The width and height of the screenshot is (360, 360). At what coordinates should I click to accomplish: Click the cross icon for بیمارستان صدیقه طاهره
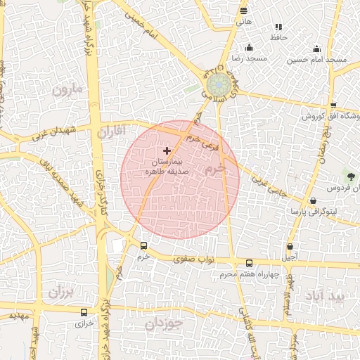click(x=167, y=150)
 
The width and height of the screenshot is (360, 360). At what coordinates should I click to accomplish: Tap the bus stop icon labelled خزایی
click(x=84, y=312)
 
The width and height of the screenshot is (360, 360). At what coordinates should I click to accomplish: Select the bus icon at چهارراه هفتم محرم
click(x=249, y=263)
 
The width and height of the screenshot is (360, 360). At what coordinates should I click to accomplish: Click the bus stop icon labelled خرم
click(x=144, y=245)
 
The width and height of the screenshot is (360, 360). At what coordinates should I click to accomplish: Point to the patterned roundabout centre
click(x=221, y=83)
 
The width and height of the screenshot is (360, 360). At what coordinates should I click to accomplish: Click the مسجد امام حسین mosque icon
click(x=316, y=49)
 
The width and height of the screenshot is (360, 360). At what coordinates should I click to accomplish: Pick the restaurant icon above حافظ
click(x=278, y=27)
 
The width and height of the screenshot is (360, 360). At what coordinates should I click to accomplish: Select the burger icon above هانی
click(x=243, y=11)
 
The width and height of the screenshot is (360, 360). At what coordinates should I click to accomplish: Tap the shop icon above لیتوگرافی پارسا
click(x=313, y=200)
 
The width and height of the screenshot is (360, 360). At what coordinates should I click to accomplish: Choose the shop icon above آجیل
click(x=290, y=247)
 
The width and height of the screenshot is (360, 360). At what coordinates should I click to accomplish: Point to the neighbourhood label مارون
click(x=67, y=89)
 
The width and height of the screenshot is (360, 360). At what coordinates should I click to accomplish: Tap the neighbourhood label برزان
click(x=61, y=290)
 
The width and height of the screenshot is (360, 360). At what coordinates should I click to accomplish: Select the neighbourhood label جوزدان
click(x=164, y=324)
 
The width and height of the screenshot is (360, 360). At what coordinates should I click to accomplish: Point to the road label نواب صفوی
click(x=190, y=259)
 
